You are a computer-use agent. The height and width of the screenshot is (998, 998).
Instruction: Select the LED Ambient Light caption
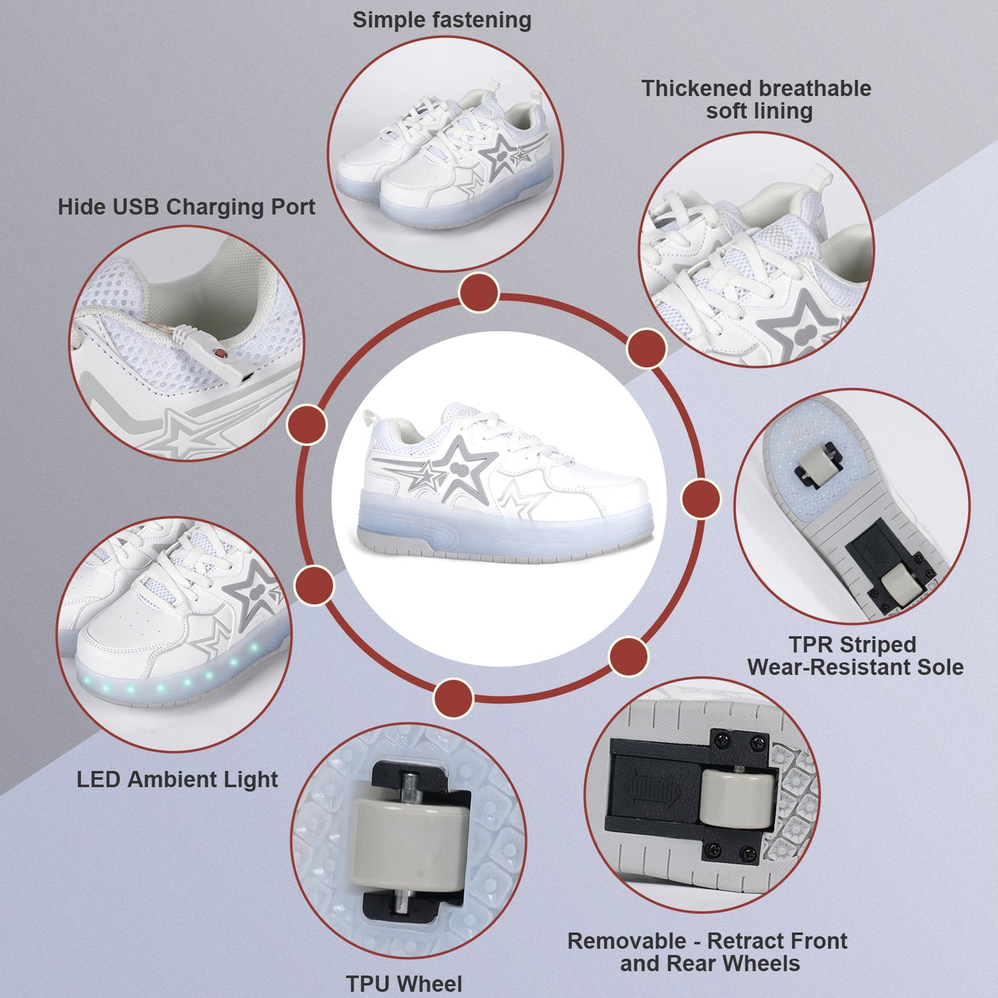pyautogui.click(x=177, y=780)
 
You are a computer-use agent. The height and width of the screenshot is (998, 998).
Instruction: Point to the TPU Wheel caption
pyautogui.click(x=404, y=983)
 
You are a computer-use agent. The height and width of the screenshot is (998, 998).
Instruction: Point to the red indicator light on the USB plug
pyautogui.click(x=221, y=354)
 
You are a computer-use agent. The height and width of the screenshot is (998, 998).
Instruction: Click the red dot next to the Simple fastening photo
pyautogui.click(x=479, y=293)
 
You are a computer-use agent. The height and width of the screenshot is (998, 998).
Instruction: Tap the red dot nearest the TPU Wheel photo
pyautogui.click(x=454, y=698)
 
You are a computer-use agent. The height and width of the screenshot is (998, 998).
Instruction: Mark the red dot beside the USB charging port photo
pyautogui.click(x=307, y=424)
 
